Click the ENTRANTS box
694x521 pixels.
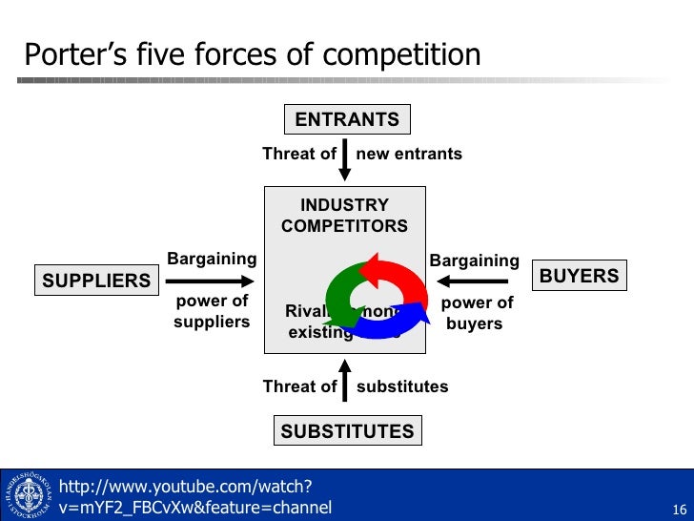pyautogui.click(x=347, y=119)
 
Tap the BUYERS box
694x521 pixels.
pyautogui.click(x=579, y=276)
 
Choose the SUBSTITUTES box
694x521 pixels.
pyautogui.click(x=347, y=430)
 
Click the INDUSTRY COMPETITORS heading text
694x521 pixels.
pyautogui.click(x=344, y=216)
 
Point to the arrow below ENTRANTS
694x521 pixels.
pyautogui.click(x=345, y=158)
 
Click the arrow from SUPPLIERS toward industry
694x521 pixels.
pyautogui.click(x=210, y=281)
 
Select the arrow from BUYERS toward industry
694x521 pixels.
pyautogui.click(x=473, y=281)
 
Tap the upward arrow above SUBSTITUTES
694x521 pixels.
pyautogui.click(x=345, y=377)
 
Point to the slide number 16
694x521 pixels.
pyautogui.click(x=680, y=507)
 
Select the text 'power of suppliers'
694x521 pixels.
pyautogui.click(x=211, y=312)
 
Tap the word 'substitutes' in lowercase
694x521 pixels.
pyautogui.click(x=401, y=386)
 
